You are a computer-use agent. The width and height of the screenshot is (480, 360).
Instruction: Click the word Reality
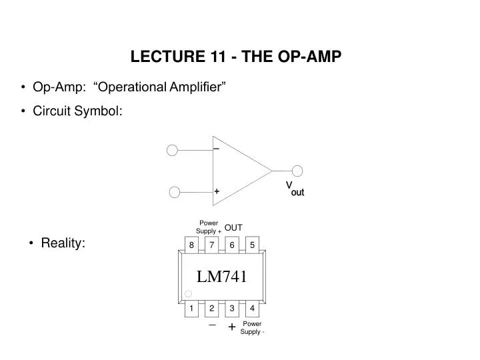[63, 243]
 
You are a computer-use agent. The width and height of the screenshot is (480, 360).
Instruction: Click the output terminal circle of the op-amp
[297, 171]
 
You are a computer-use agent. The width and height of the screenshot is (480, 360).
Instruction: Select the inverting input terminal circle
[172, 150]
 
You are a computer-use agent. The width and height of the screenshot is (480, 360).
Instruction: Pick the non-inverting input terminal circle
[175, 192]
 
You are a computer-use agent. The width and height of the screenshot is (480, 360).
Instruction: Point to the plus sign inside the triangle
[217, 191]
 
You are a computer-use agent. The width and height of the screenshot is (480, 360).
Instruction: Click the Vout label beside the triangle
[295, 189]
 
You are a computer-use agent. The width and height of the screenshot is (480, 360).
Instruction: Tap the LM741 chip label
[222, 277]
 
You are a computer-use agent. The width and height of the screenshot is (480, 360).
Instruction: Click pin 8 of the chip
[191, 245]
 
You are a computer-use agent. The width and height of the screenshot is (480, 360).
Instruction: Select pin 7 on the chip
[211, 245]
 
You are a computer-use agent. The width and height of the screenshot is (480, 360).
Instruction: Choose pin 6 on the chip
[232, 245]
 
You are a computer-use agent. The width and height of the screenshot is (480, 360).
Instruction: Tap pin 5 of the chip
[252, 245]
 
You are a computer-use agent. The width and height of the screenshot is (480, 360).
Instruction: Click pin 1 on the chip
[191, 308]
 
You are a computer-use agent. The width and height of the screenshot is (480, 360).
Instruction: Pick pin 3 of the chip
[232, 308]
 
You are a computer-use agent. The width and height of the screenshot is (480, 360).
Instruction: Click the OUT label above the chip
[233, 227]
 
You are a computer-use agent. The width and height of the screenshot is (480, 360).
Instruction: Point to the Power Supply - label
[253, 328]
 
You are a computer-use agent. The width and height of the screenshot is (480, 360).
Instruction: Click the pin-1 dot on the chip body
[189, 294]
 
